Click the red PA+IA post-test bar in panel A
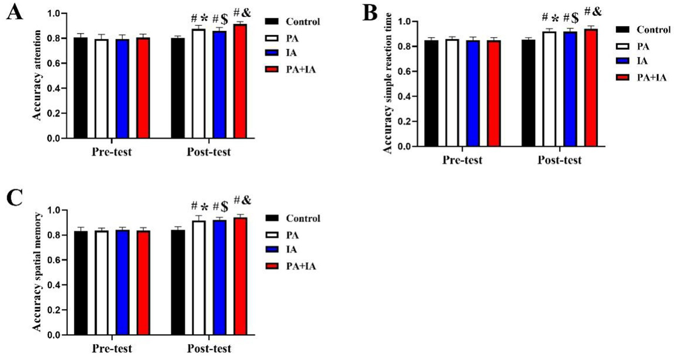240,81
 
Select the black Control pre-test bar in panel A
80,88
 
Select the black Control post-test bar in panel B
528,93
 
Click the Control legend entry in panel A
292,22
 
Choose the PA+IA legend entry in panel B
643,78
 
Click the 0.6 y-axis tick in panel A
55,63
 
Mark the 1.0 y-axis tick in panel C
55,210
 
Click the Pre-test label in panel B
462,160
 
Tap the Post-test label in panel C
209,349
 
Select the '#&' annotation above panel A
242,13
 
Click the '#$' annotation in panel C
220,206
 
